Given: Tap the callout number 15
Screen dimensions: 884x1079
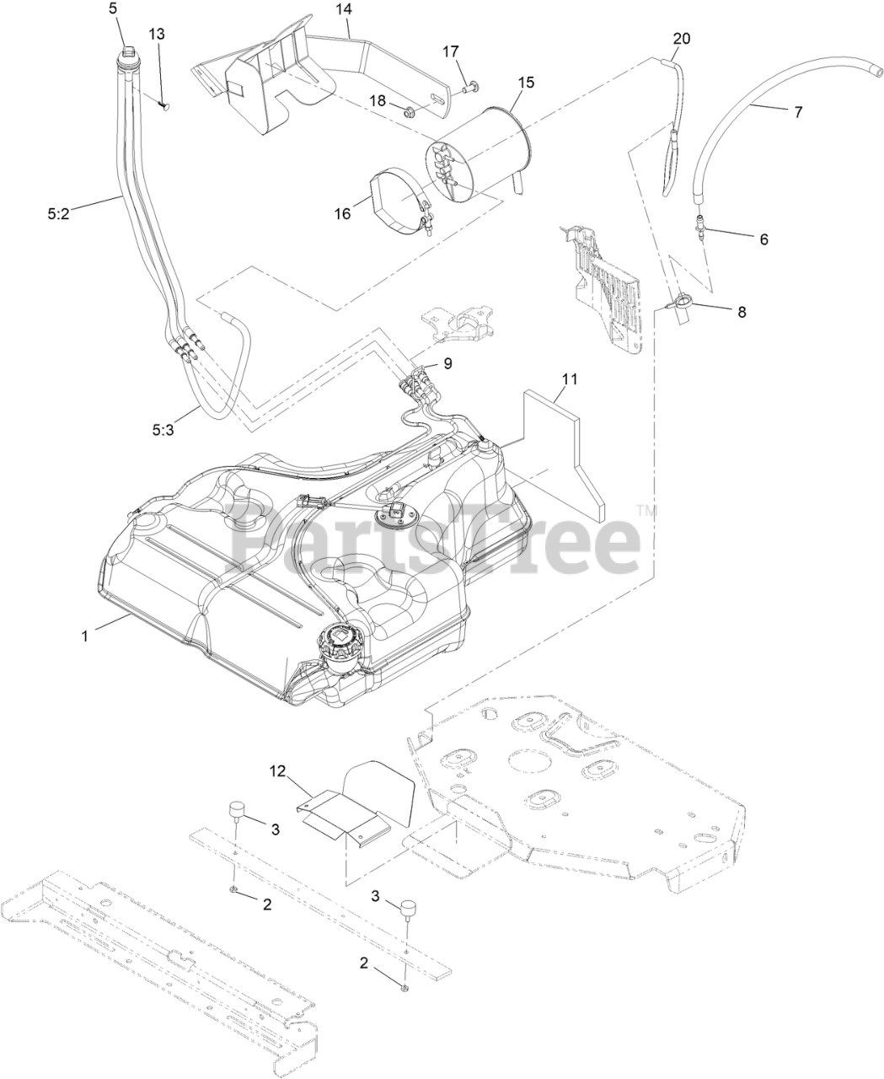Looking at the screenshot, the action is (526, 83).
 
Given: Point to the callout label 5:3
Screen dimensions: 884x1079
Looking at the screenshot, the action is (164, 429).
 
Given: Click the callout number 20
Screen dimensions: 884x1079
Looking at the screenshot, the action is (681, 39).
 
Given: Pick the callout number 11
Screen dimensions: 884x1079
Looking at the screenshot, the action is (570, 379).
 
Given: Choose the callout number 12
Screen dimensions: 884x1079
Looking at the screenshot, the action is (278, 770).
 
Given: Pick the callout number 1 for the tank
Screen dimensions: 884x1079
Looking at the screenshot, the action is (84, 636).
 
